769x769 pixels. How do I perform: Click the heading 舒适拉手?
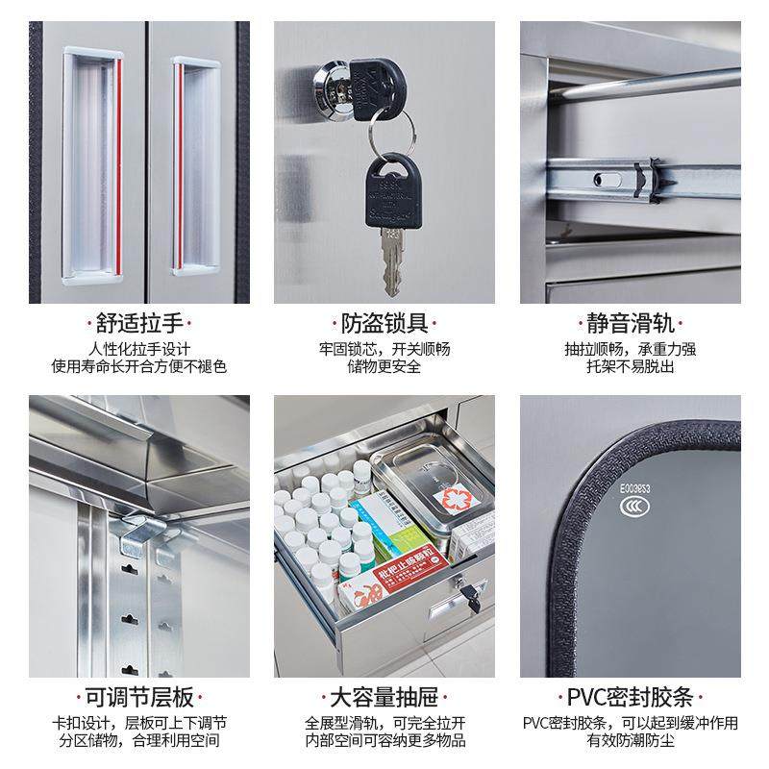[139, 323]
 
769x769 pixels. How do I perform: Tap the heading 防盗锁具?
[384, 323]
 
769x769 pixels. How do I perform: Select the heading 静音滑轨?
[630, 323]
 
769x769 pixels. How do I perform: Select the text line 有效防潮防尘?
[630, 740]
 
